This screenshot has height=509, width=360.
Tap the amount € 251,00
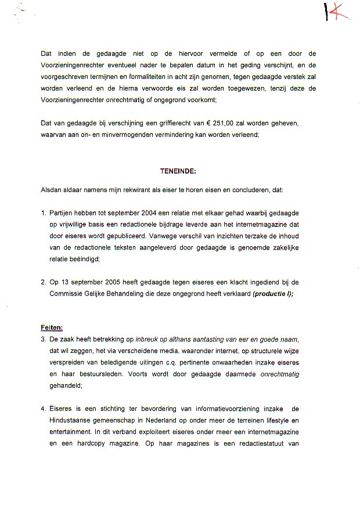(246, 124)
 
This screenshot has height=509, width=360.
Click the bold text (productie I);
(273, 294)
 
